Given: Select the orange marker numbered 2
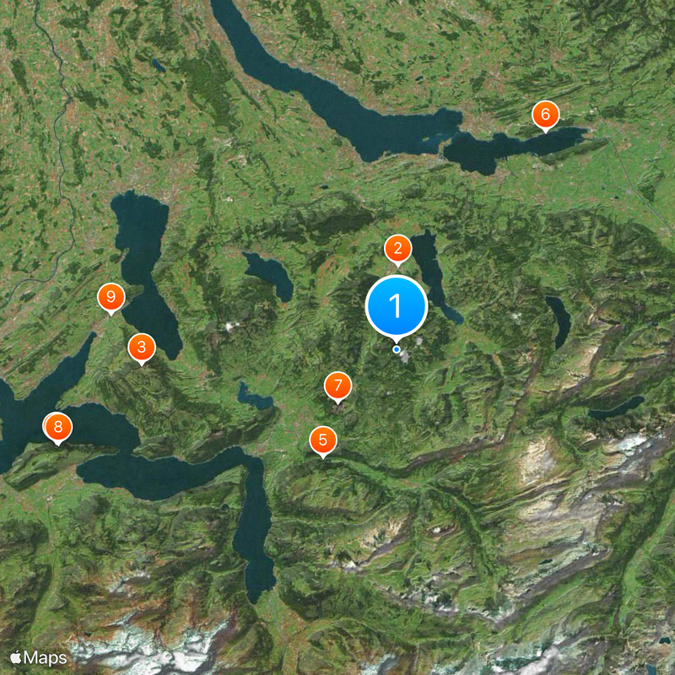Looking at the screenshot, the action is pos(397,249).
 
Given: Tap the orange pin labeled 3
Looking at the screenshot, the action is pos(141,347).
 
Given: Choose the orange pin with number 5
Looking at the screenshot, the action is pos(322,440).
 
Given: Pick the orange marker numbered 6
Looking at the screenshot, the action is pos(545,114).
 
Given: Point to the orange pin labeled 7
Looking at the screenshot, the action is pos(337,386).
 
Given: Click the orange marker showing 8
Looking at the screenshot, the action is pos(57,427).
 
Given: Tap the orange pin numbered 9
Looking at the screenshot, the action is pos(111,297).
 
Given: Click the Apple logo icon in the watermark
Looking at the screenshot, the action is pos(15,656).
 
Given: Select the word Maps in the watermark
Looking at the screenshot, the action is pos(46,657).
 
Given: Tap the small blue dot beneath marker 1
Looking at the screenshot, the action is pos(397,348).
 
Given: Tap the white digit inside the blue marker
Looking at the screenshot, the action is pos(397,305).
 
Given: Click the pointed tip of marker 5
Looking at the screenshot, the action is pos(322,458).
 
